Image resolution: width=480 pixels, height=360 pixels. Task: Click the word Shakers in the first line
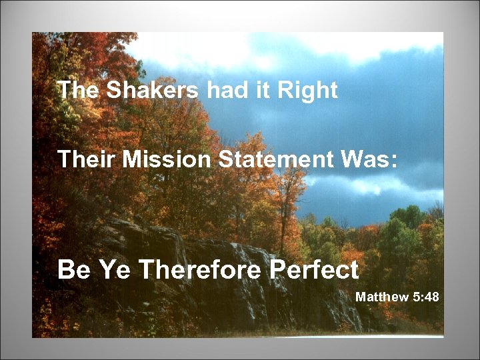click(153, 91)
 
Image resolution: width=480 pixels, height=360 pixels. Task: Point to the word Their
click(80, 159)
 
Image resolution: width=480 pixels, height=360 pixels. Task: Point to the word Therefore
click(193, 271)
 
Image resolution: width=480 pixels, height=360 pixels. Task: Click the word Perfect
click(315, 271)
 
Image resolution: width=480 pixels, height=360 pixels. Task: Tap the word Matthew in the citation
click(381, 297)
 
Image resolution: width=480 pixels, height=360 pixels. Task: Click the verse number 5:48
click(426, 297)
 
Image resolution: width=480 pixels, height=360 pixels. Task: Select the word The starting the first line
click(77, 91)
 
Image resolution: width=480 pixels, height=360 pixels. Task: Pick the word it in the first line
click(263, 91)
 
